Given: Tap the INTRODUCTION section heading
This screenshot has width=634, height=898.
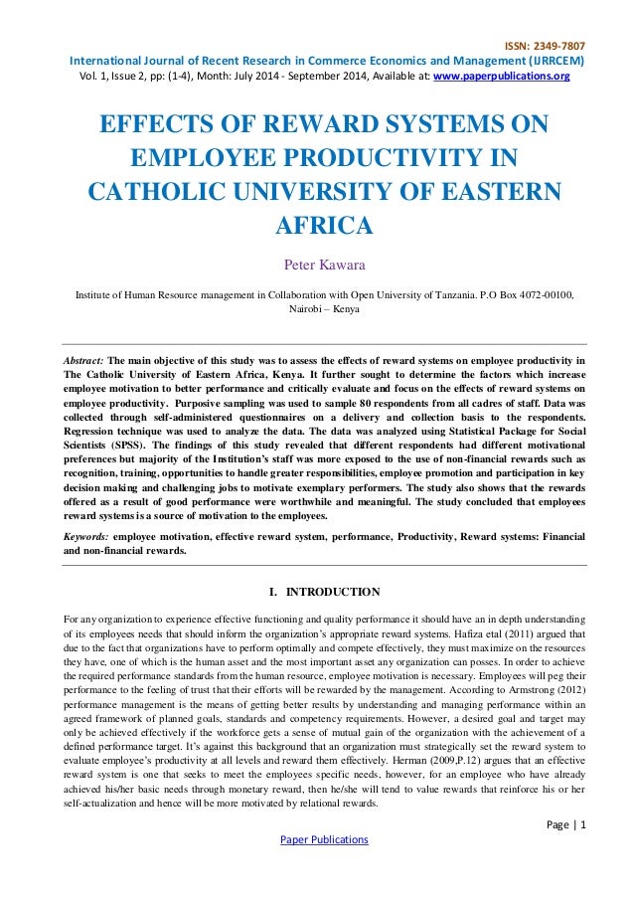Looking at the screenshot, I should pos(332,592).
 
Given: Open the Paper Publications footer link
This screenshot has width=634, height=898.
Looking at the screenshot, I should pos(316,839).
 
